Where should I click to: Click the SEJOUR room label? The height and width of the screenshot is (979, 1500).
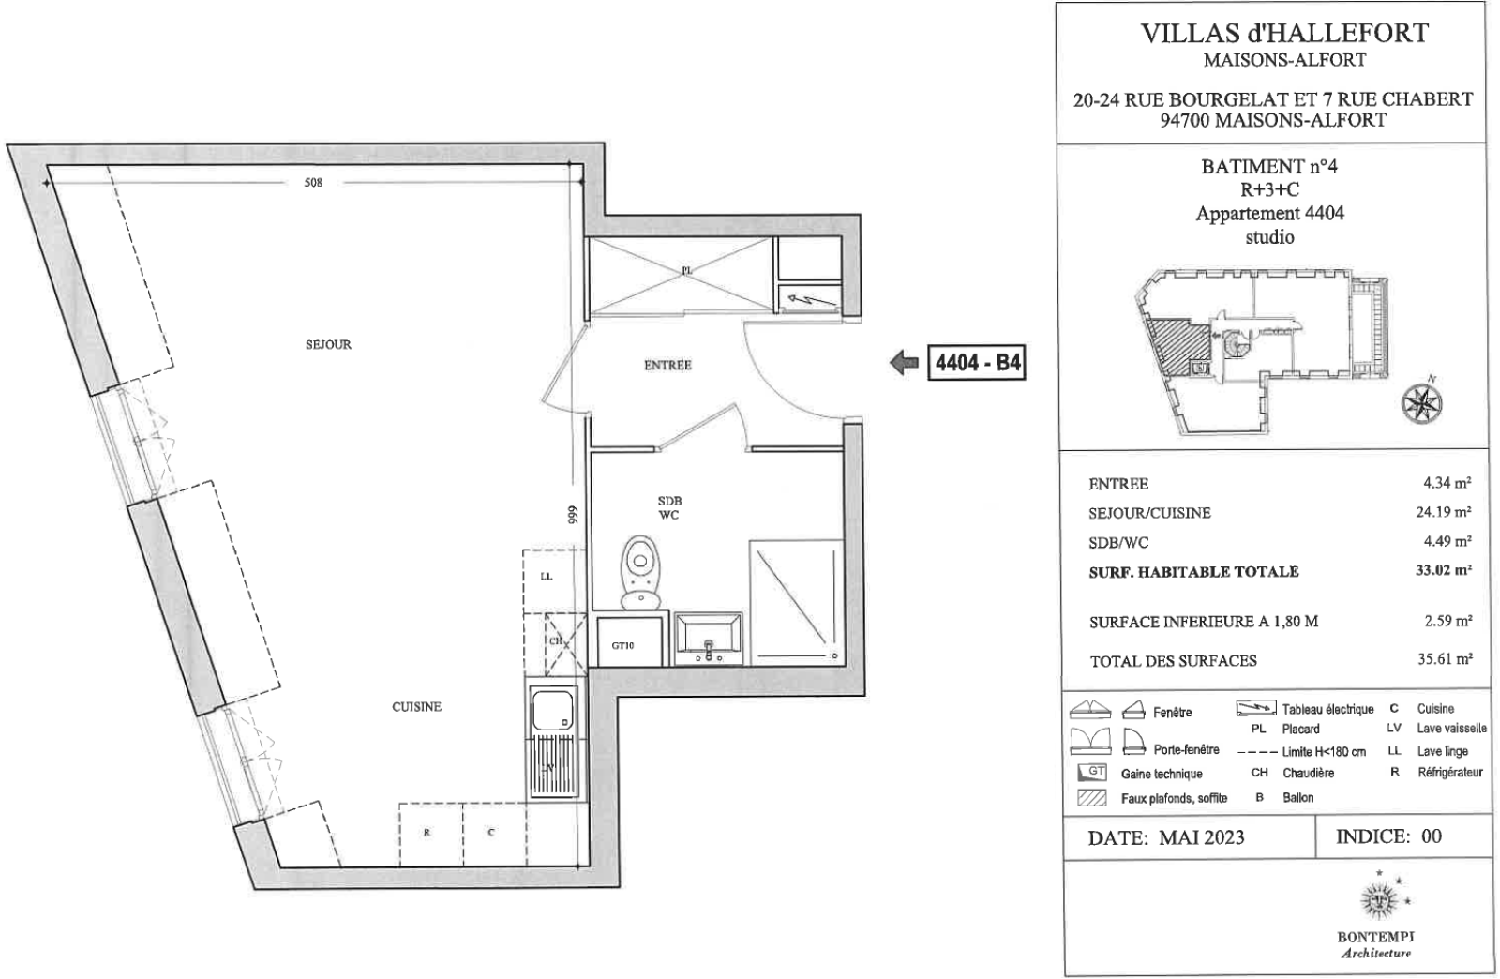[x=328, y=345]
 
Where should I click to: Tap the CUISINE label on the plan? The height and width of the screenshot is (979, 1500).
[x=416, y=706]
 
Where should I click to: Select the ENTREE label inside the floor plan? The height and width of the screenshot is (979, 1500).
[x=667, y=365]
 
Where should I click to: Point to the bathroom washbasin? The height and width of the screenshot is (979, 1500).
[x=709, y=639]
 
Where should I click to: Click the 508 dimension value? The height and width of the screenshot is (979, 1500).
[x=313, y=182]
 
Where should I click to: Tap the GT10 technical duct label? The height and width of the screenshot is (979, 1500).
[x=622, y=645]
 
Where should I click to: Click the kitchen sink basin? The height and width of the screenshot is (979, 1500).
[x=552, y=711]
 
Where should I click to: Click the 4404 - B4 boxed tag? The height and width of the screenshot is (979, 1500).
[x=977, y=363]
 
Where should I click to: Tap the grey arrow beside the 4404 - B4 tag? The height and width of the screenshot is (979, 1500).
[x=904, y=362]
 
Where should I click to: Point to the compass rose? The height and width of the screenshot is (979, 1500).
[x=1421, y=401]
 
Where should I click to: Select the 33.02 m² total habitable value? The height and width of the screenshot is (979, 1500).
[x=1443, y=570]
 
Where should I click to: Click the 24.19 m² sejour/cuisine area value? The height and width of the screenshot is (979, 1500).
[x=1443, y=512]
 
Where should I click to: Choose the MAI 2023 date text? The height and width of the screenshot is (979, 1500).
[x=1202, y=837]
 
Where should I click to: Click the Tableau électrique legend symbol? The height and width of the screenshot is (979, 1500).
[x=1255, y=708]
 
